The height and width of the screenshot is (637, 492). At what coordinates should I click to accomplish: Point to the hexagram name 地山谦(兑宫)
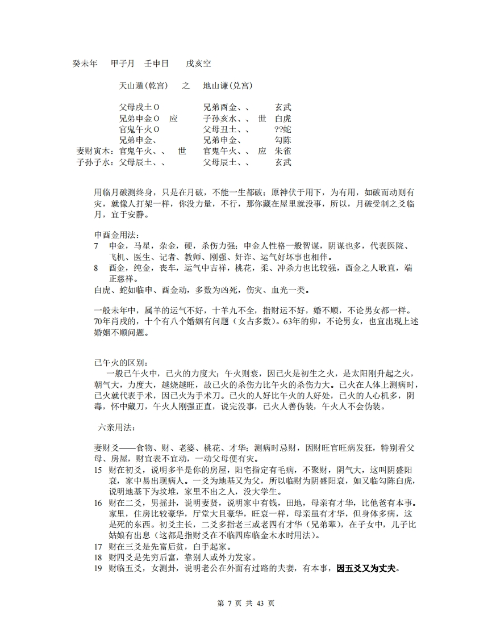[228, 86]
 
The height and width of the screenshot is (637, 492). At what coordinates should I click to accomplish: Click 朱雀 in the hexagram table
[283, 152]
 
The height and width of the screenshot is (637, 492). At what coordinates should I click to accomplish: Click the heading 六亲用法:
[116, 427]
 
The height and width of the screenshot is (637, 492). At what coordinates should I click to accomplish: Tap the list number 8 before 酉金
[97, 268]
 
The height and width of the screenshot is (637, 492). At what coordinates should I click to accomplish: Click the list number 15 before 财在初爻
[98, 470]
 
